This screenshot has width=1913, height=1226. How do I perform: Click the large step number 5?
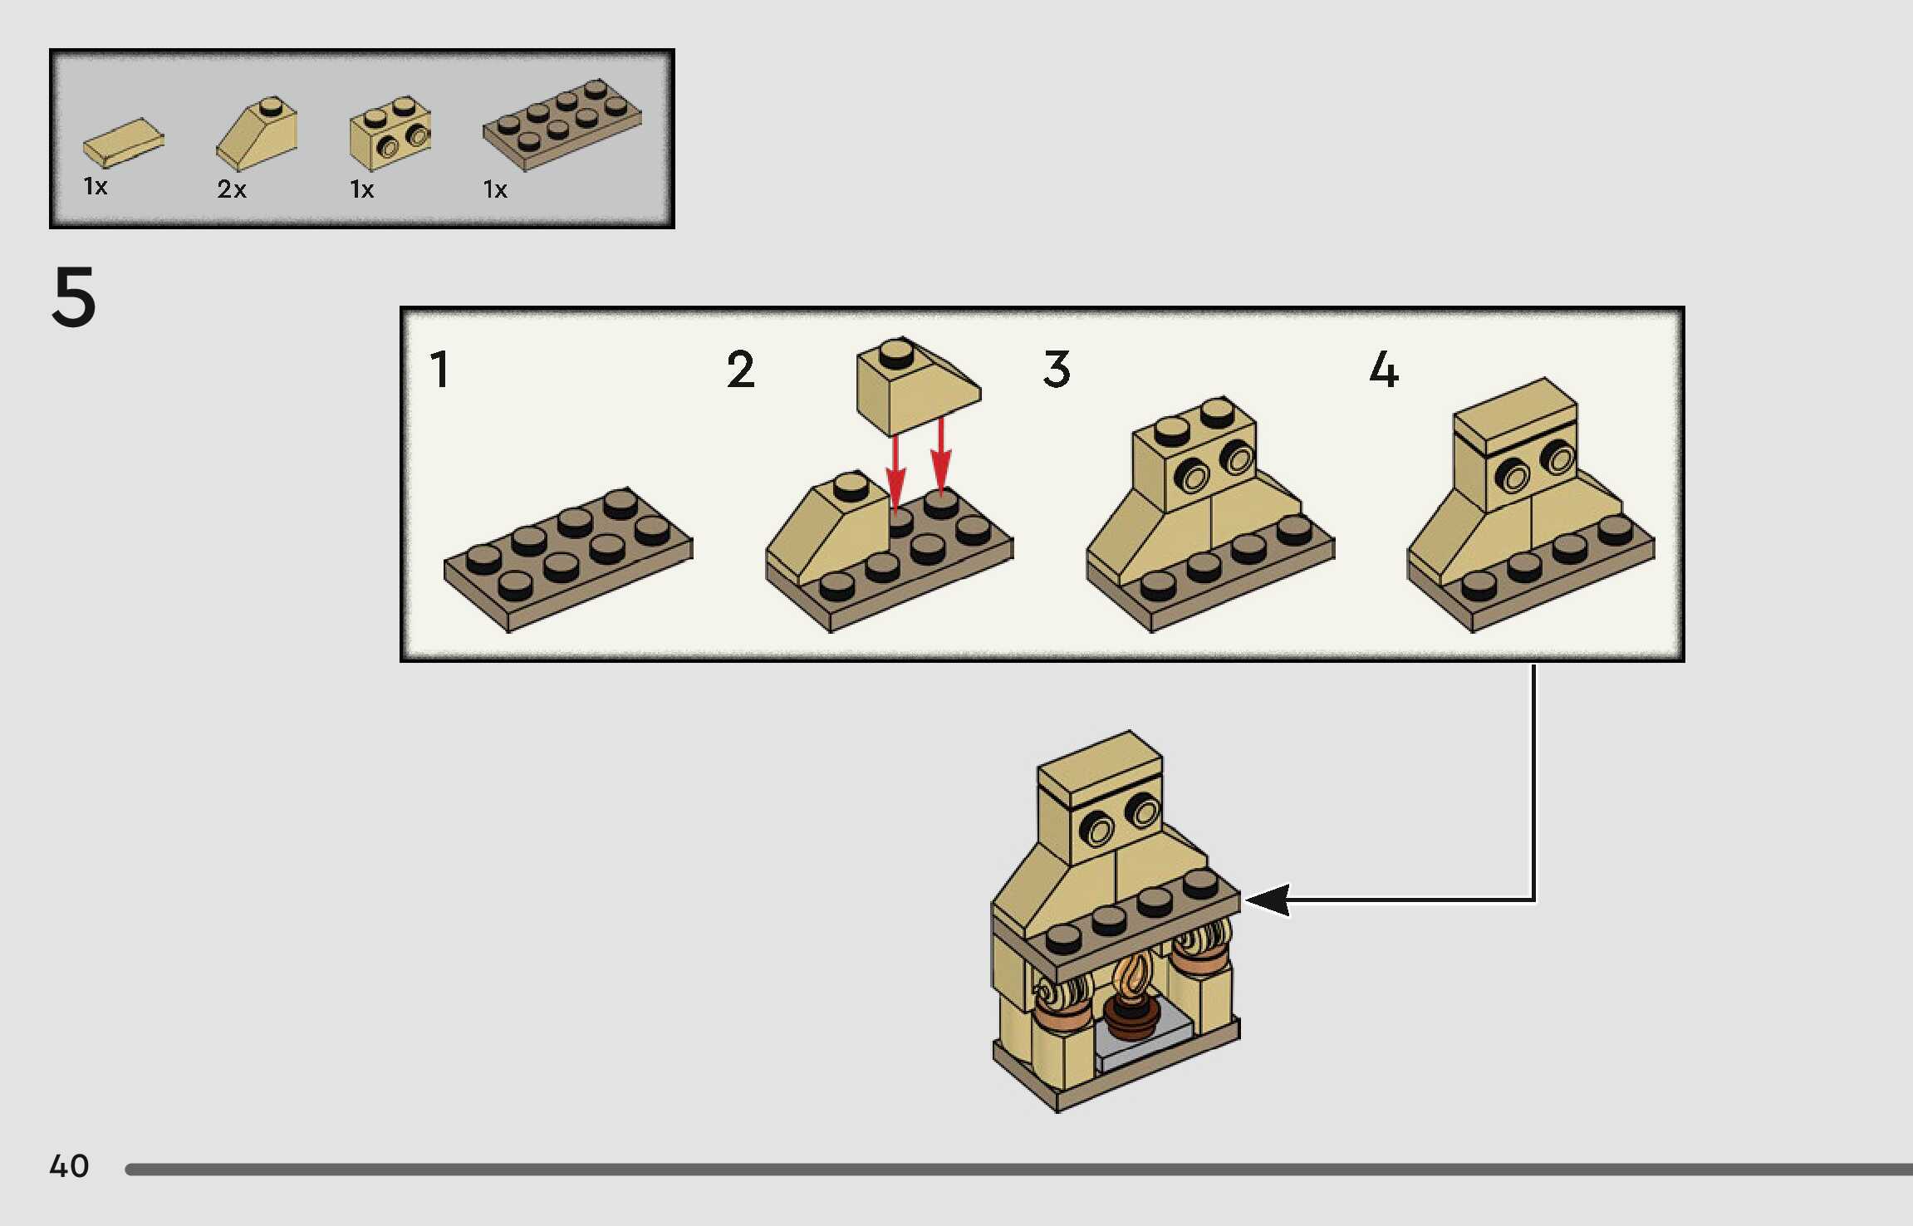click(x=74, y=297)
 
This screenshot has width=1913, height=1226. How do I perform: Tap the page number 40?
click(x=69, y=1165)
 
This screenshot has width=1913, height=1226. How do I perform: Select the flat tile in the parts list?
click(x=124, y=142)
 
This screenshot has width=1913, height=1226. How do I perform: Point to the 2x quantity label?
click(x=232, y=189)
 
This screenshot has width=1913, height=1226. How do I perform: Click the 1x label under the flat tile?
click(x=96, y=186)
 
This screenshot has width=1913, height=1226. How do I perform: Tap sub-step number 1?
click(x=440, y=370)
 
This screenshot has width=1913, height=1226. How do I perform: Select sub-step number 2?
click(x=740, y=370)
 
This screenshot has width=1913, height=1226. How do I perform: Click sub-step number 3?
click(x=1057, y=370)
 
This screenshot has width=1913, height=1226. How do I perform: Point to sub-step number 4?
click(x=1384, y=370)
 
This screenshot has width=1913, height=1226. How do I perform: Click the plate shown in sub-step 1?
click(x=568, y=558)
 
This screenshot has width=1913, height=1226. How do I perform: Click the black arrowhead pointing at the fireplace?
click(x=1268, y=900)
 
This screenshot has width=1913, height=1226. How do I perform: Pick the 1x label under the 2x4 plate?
click(x=495, y=189)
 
